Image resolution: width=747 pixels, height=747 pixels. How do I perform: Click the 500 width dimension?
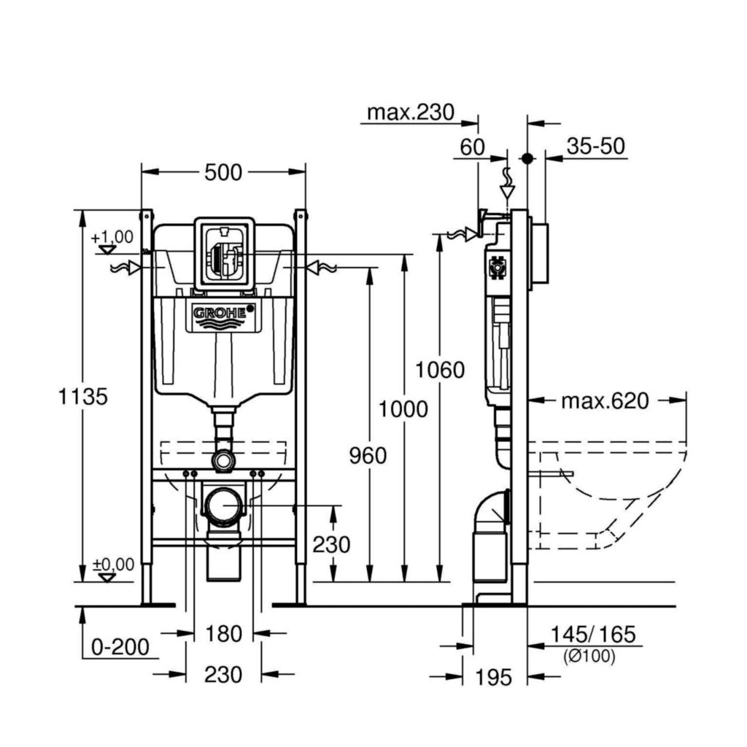pyautogui.click(x=222, y=172)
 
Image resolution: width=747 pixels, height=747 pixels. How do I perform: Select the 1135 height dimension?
pyautogui.click(x=84, y=397)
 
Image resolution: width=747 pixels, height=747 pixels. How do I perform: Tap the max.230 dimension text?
pyautogui.click(x=410, y=112)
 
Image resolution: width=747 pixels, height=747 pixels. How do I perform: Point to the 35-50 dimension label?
pyautogui.click(x=596, y=146)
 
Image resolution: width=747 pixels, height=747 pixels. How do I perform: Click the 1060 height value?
pyautogui.click(x=440, y=370)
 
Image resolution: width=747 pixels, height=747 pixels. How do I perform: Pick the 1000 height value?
pyautogui.click(x=403, y=409)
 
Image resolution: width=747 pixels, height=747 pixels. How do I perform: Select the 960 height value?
pyautogui.click(x=368, y=455)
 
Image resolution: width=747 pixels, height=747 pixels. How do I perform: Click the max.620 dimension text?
pyautogui.click(x=605, y=400)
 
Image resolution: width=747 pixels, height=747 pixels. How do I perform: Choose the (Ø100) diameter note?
pyautogui.click(x=589, y=656)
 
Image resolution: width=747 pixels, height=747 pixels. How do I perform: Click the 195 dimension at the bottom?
pyautogui.click(x=495, y=677)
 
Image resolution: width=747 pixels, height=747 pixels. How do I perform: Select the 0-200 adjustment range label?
pyautogui.click(x=120, y=646)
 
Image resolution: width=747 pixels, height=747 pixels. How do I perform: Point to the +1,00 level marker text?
pyautogui.click(x=112, y=236)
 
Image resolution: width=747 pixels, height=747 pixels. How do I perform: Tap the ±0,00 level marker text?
pyautogui.click(x=112, y=564)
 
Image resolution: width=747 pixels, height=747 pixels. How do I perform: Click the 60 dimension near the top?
pyautogui.click(x=473, y=147)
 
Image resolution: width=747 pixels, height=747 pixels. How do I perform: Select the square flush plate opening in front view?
pyautogui.click(x=225, y=252)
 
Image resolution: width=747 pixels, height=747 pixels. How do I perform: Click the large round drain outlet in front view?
pyautogui.click(x=223, y=503)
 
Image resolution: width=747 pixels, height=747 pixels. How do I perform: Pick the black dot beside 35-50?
pyautogui.click(x=527, y=158)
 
